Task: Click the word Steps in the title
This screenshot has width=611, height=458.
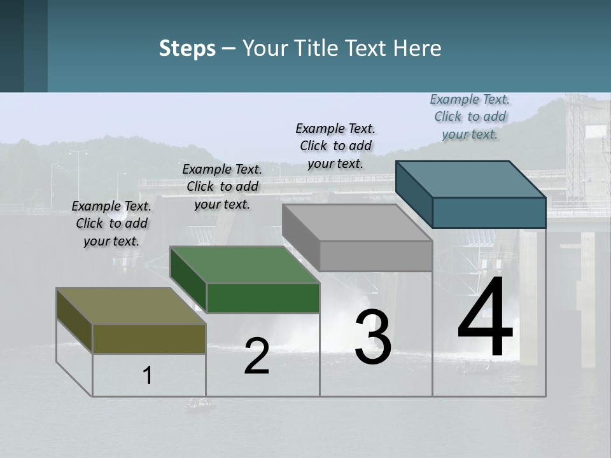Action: pyautogui.click(x=187, y=48)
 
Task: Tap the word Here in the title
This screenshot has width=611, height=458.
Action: pyautogui.click(x=418, y=48)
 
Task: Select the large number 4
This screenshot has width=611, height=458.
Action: pyautogui.click(x=485, y=317)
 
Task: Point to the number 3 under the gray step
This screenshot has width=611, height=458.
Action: pyautogui.click(x=373, y=337)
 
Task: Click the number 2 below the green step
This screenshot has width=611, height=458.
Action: pyautogui.click(x=257, y=356)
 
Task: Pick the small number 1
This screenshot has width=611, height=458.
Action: pyautogui.click(x=148, y=376)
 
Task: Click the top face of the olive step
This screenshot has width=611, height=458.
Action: pyautogui.click(x=130, y=306)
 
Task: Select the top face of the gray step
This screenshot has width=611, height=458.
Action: pyautogui.click(x=357, y=223)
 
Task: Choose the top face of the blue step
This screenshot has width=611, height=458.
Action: pyautogui.click(x=471, y=179)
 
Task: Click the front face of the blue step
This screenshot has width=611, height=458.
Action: pyautogui.click(x=489, y=212)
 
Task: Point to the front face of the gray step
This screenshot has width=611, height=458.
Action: pyautogui.click(x=376, y=256)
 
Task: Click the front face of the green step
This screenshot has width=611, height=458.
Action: pyautogui.click(x=263, y=298)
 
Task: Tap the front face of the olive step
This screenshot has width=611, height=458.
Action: pyautogui.click(x=149, y=338)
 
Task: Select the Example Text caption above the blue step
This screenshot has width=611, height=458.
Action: pyautogui.click(x=470, y=116)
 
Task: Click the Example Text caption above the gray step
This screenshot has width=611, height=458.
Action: pyautogui.click(x=335, y=146)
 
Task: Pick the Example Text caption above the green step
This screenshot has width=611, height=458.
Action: pyautogui.click(x=222, y=186)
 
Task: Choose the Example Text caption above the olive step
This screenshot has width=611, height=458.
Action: pyautogui.click(x=111, y=223)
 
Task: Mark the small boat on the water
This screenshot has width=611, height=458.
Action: pyautogui.click(x=199, y=403)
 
